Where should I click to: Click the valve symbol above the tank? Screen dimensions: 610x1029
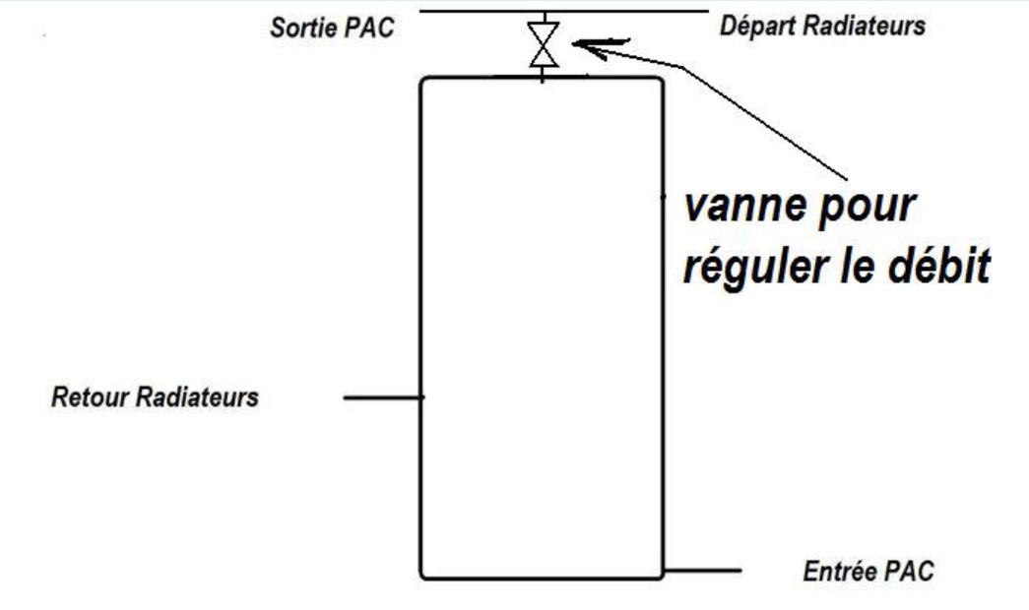544,44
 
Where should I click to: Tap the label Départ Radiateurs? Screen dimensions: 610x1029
822,27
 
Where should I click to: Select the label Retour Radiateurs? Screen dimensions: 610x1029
155,397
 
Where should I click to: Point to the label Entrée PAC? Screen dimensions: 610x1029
867,570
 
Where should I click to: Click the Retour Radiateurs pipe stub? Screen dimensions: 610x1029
383,397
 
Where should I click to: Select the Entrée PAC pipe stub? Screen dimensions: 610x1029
701,570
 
